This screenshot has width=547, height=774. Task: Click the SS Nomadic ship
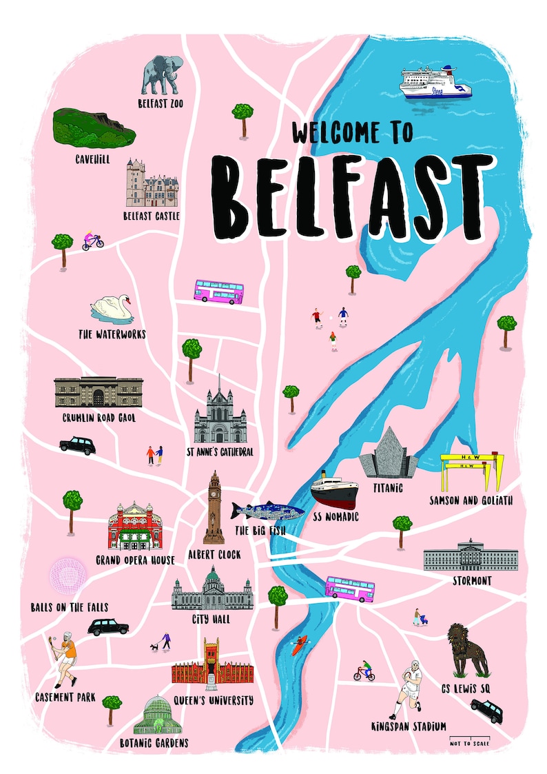pos(334,490)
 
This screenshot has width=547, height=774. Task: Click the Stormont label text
pos(472,581)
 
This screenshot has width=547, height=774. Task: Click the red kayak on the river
pos(297,646)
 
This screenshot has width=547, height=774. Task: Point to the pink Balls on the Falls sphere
pos(68,575)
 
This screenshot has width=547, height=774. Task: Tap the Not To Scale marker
pos(471,742)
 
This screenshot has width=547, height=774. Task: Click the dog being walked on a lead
pos(153,648)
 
